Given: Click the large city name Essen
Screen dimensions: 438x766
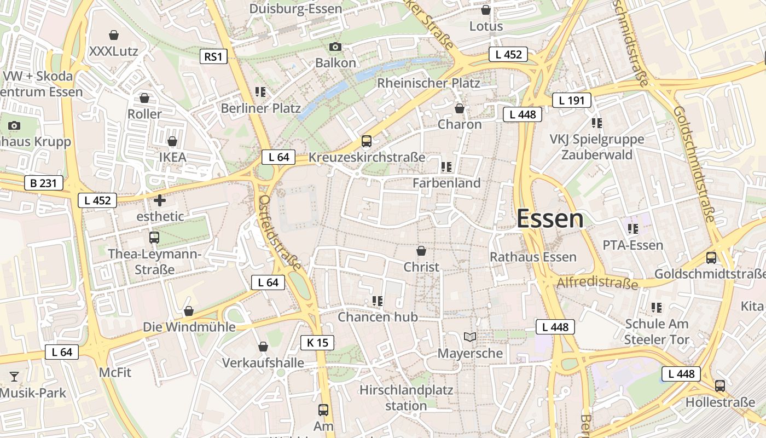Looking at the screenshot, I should click(x=550, y=219).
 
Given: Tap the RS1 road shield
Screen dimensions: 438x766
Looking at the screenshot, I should click(x=213, y=56).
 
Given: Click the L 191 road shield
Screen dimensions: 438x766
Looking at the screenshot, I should click(x=572, y=100).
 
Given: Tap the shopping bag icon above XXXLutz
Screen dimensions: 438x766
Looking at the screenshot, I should click(x=114, y=36).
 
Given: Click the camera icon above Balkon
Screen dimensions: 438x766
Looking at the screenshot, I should click(x=335, y=47).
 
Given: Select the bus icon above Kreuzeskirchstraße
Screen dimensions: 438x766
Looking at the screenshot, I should click(x=367, y=141).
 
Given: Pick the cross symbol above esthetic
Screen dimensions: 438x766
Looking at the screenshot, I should click(x=160, y=200).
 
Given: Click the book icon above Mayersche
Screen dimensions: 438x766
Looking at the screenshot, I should click(x=470, y=337).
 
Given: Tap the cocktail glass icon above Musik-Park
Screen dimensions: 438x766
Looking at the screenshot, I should click(x=14, y=377).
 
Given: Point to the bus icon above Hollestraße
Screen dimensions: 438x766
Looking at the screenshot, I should click(x=720, y=386).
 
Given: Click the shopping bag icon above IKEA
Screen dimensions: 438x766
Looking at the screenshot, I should click(x=172, y=141).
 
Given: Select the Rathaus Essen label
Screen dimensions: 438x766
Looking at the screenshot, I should click(x=533, y=257).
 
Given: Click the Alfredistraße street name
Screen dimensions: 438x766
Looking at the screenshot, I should click(x=597, y=283).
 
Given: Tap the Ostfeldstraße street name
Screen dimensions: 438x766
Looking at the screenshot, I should click(x=280, y=232).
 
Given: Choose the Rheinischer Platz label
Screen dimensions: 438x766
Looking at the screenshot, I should click(x=428, y=83).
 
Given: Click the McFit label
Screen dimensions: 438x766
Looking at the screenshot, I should click(x=115, y=372).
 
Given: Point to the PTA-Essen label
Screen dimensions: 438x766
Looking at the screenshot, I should click(x=632, y=245).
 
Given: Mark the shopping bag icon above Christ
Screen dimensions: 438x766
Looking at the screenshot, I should click(x=421, y=251).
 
